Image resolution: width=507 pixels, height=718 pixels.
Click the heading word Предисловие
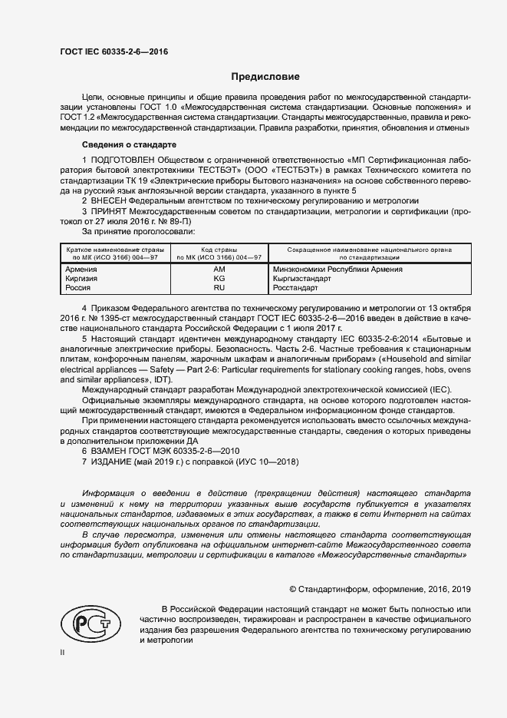point(266,77)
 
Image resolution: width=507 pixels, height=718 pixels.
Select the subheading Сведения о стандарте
point(129,145)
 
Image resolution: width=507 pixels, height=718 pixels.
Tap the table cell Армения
point(81,270)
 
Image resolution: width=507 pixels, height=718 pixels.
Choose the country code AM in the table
point(219,270)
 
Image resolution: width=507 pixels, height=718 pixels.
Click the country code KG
point(219,279)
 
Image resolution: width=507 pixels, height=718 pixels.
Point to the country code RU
point(219,288)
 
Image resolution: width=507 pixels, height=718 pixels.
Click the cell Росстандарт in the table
point(298,288)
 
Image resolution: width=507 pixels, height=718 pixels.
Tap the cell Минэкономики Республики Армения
point(337,270)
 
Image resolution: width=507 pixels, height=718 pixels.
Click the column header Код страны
point(219,250)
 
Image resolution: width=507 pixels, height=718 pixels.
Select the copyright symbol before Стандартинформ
point(293,590)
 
